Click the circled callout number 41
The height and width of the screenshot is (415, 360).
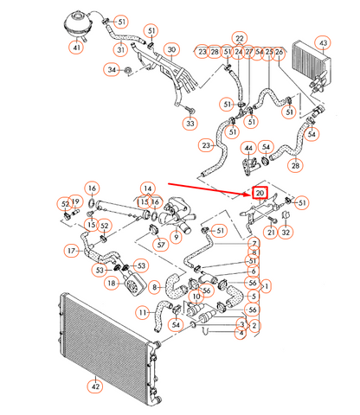pos(78,48)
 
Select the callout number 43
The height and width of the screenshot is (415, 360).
pos(322,42)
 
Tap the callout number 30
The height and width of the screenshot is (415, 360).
pos(171,50)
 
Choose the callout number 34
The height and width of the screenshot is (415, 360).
pos(112,68)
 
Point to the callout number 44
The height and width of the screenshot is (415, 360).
pos(248,149)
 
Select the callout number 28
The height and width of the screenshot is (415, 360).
pos(296,164)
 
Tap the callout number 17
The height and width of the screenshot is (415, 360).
pos(72,251)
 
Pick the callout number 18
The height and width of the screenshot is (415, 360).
pos(111,283)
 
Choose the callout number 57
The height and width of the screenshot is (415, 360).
pos(161,246)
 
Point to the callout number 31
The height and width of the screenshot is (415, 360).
pos(120,48)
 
